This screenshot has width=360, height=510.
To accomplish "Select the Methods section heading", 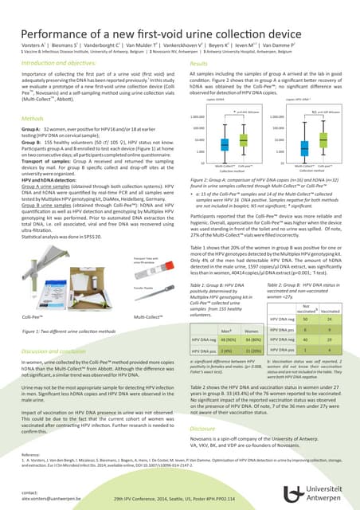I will (33, 117).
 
